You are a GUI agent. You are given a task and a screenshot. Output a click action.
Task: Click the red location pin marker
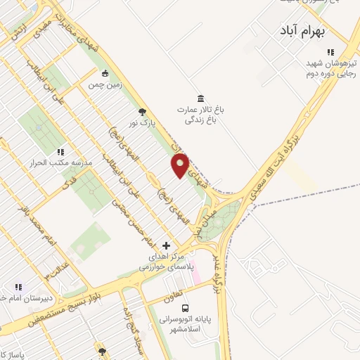point(180,165)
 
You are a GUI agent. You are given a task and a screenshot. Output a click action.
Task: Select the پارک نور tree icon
point(143,111)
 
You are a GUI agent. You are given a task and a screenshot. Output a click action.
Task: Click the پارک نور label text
point(141,123)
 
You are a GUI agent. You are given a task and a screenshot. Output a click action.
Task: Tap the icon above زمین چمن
point(105,73)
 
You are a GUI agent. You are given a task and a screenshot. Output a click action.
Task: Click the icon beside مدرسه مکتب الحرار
point(60,151)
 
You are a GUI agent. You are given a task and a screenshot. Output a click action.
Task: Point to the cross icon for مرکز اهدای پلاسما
point(166,245)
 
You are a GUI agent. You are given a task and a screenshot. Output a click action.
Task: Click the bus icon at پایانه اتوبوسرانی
point(185,308)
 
